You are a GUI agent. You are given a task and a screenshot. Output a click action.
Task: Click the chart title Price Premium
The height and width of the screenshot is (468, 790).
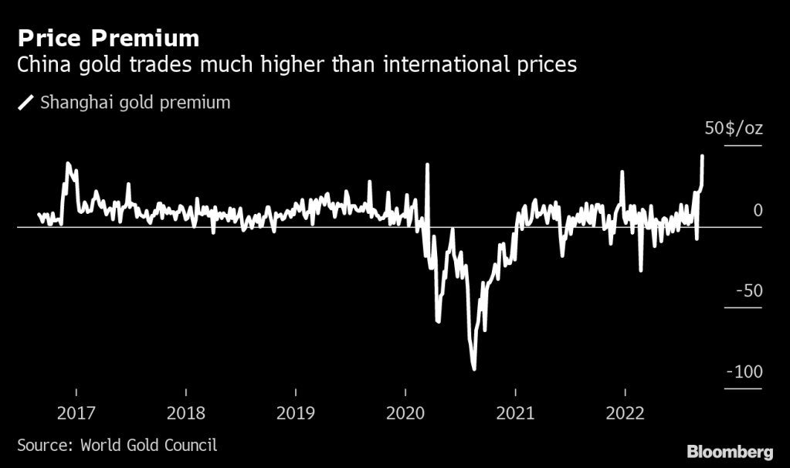108,38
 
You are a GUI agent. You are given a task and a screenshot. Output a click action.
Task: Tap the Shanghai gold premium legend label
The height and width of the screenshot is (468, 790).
135,102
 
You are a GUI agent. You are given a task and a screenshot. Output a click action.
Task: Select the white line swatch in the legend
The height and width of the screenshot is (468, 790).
25,102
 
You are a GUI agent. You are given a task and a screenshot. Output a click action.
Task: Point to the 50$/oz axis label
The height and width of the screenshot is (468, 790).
733,128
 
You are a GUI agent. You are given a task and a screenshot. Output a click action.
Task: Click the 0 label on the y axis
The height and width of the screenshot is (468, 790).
758,210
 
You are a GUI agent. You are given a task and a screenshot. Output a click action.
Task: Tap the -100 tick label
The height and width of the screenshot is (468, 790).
744,372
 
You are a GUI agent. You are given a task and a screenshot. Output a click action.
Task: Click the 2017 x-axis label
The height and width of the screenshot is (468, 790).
76,413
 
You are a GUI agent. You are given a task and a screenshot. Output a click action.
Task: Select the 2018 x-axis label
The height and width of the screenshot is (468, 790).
185,413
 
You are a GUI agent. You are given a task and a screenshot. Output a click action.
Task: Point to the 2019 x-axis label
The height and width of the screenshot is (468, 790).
296,413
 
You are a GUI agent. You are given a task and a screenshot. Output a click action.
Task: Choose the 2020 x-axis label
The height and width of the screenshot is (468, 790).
405,413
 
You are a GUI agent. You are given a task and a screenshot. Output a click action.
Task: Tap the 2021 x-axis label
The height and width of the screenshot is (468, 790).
515,413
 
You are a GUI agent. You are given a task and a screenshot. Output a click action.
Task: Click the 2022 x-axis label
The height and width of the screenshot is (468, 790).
625,413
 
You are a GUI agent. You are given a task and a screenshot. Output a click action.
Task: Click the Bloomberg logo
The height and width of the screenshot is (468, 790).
730,450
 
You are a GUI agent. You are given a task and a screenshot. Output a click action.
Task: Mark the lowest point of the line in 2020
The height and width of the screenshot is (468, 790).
474,369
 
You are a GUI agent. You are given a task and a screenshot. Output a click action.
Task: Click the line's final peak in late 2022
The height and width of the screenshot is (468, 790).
702,156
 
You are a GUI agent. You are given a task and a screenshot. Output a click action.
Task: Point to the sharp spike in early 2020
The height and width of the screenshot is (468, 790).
427,164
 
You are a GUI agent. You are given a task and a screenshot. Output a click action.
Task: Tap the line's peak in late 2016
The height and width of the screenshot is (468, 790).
68,164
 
